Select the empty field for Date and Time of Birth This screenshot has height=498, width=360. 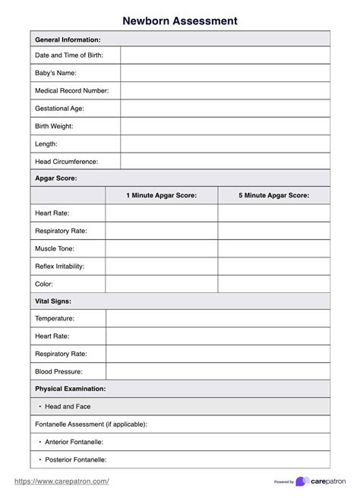(x=225, y=55)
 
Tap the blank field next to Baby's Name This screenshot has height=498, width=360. (x=225, y=73)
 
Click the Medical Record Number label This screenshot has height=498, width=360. (x=72, y=90)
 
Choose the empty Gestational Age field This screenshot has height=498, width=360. (x=225, y=109)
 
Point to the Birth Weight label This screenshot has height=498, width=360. (x=54, y=126)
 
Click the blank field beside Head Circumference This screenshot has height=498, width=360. (x=225, y=162)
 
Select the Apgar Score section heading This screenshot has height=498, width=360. (x=56, y=178)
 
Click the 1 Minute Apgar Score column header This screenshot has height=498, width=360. (x=161, y=196)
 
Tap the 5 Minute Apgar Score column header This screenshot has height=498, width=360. (x=273, y=196)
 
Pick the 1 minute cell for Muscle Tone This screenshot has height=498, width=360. (x=161, y=248)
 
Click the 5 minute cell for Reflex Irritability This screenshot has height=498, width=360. (x=273, y=266)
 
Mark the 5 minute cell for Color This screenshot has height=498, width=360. (x=273, y=284)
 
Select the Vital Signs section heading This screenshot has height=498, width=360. (x=53, y=301)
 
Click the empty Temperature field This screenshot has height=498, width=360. (x=218, y=319)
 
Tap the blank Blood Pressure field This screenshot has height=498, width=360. (x=218, y=372)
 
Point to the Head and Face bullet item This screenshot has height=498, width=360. (x=67, y=407)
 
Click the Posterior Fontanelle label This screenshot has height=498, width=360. (x=74, y=459)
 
